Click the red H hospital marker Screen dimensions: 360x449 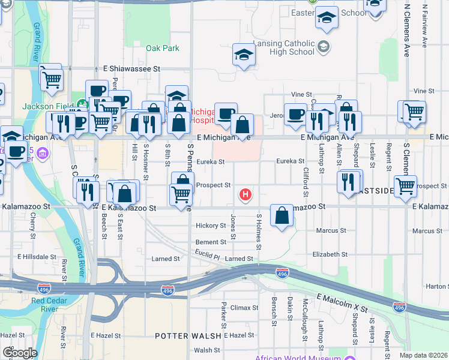pyautogui.click(x=245, y=194)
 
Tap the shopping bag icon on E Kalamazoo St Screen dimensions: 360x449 pyautogui.click(x=282, y=216)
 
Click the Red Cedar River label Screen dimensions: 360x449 pyautogui.click(x=46, y=305)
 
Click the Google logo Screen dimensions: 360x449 pyautogui.click(x=19, y=353)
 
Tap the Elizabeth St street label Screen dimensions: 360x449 pyautogui.click(x=330, y=254)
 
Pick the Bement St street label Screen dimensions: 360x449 pyautogui.click(x=211, y=242)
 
